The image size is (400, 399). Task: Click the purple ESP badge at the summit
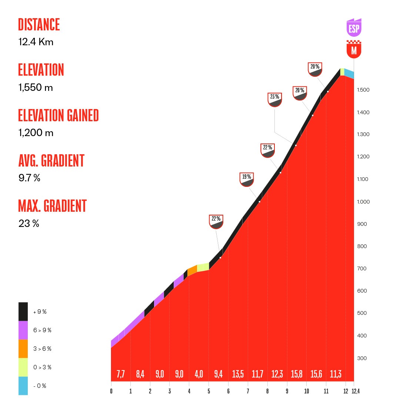[x=354, y=28]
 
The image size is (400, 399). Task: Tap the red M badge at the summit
[x=354, y=50]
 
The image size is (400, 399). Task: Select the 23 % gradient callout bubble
[x=275, y=99]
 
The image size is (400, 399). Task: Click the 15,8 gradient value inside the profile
[x=296, y=374]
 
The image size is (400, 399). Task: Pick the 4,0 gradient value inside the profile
[x=199, y=374]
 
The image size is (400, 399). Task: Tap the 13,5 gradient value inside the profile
[x=238, y=374]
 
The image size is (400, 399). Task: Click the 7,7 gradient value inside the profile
[x=121, y=374]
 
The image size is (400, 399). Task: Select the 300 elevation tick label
[x=361, y=358]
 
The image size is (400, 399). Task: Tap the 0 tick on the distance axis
[x=111, y=391]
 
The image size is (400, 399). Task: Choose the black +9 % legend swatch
[x=23, y=311]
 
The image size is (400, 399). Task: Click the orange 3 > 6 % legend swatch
[x=23, y=349]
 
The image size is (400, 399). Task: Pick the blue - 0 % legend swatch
[x=23, y=386]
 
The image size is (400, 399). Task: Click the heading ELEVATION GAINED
[x=59, y=116]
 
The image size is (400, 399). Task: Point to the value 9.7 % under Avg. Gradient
[x=29, y=178]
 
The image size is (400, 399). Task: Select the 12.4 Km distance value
[x=36, y=42]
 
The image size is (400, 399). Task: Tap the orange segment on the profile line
[x=192, y=271]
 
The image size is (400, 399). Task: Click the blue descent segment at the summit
[x=349, y=73]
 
